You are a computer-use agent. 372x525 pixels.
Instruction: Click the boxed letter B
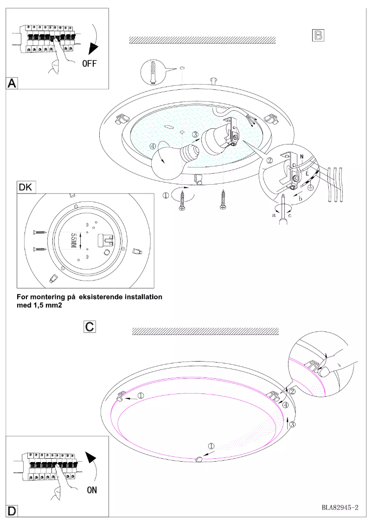(x=318, y=35)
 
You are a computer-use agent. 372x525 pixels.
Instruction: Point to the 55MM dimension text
(x=73, y=241)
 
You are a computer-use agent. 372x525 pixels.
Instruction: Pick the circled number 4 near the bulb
(x=154, y=145)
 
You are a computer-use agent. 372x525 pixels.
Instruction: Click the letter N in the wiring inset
(x=302, y=157)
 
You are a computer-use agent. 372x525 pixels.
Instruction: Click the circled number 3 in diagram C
(x=292, y=423)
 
